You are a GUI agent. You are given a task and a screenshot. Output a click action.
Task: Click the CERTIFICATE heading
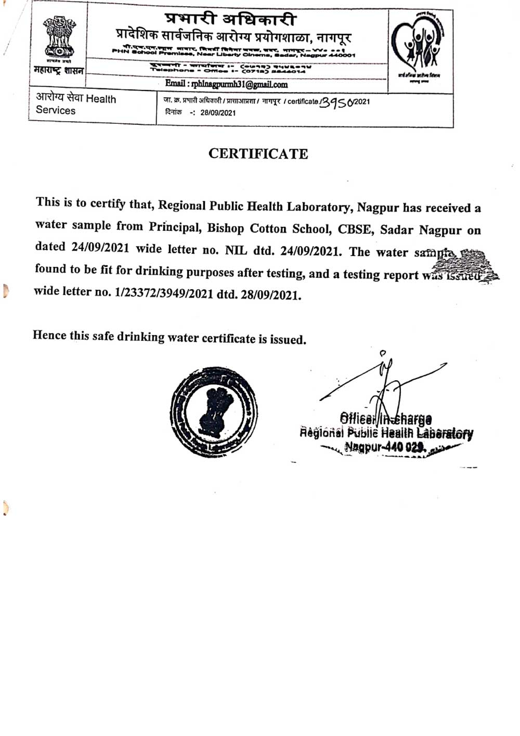258,154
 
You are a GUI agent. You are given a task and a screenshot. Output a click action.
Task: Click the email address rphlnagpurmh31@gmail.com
226,84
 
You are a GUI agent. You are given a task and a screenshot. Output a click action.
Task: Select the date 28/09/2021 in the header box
218,113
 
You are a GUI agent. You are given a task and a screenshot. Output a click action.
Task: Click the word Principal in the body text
174,227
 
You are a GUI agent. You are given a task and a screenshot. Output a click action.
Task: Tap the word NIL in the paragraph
236,250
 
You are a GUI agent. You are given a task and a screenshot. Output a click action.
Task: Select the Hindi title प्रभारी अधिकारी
231,19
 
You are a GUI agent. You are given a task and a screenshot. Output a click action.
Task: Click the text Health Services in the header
76,105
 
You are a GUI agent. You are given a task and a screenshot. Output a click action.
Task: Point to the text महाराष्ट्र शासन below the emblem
58,70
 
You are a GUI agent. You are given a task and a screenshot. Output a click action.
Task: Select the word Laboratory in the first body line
318,207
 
